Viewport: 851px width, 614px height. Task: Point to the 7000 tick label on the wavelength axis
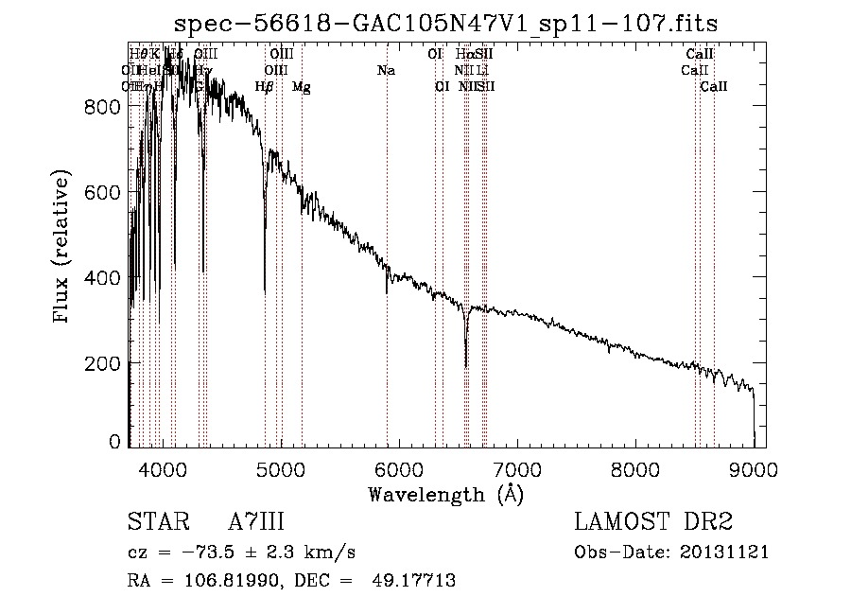517,468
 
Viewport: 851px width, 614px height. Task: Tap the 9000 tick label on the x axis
754,468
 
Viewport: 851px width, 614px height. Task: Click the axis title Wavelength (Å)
446,494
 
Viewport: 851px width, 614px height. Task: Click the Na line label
386,70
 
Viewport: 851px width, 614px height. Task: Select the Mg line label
301,87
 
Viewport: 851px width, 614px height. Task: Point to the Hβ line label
265,87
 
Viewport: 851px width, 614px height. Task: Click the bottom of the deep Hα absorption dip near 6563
466,365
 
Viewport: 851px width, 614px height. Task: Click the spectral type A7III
256,522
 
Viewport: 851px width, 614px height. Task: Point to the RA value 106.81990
233,581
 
